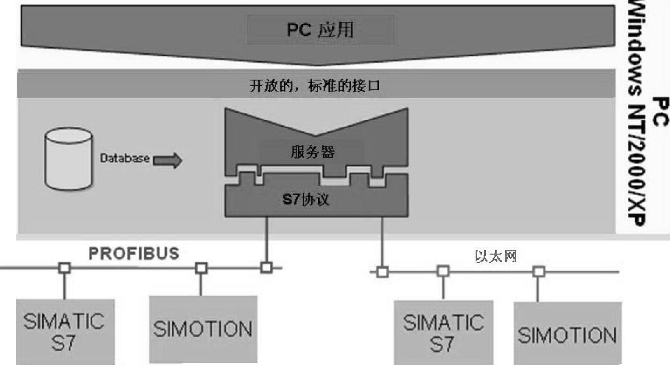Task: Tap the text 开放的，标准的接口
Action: click(x=316, y=88)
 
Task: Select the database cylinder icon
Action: click(x=68, y=160)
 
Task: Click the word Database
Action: click(x=125, y=159)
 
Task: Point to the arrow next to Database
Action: click(x=167, y=160)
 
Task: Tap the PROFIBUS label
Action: click(x=134, y=253)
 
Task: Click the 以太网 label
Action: click(x=496, y=256)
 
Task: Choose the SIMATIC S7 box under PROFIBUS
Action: click(x=65, y=331)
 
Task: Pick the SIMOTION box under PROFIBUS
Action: click(x=203, y=329)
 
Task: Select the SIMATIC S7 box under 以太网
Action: click(x=443, y=333)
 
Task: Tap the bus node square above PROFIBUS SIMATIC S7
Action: click(x=65, y=268)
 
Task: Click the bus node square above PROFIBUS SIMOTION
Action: click(x=201, y=268)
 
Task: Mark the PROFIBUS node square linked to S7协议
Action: click(x=266, y=268)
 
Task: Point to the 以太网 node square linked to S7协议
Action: click(x=382, y=271)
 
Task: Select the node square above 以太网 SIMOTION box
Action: click(x=539, y=271)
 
